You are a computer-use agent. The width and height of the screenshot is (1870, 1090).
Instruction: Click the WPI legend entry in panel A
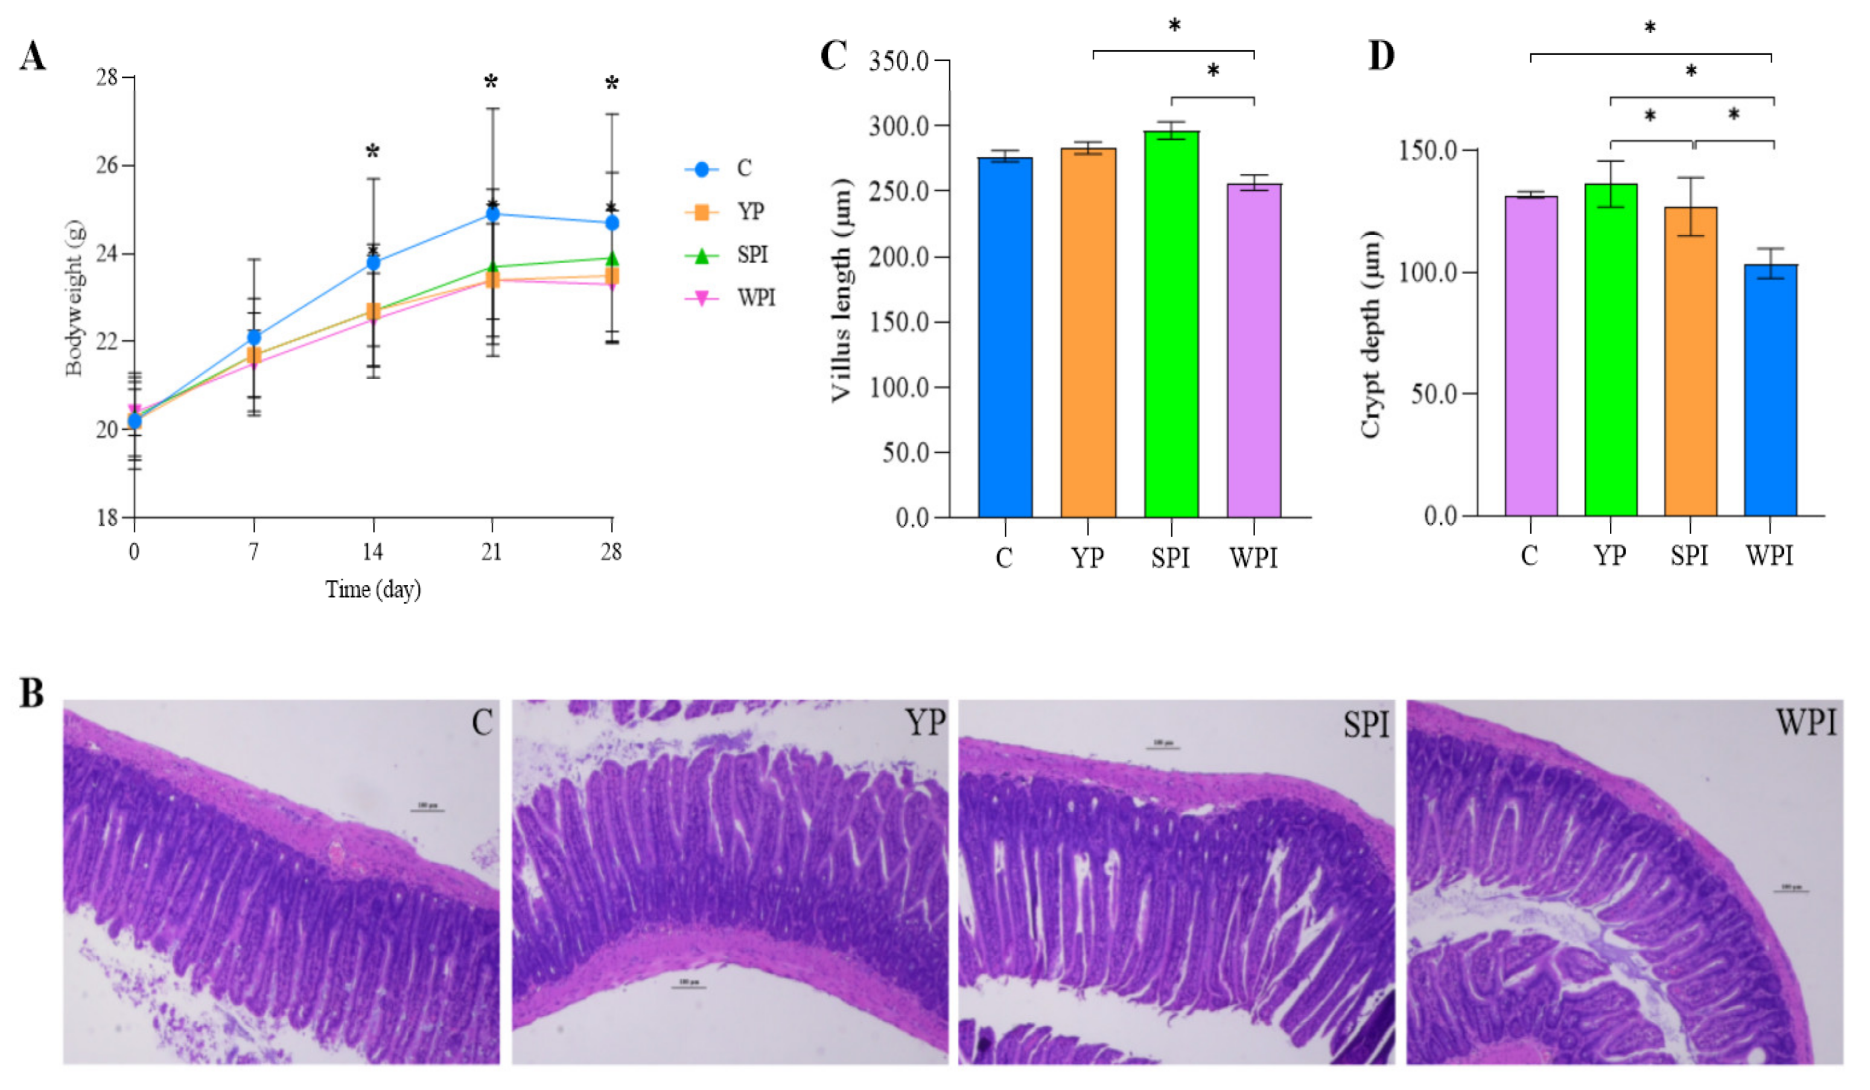[755, 298]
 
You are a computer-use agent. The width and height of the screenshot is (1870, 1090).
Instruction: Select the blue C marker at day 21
[492, 214]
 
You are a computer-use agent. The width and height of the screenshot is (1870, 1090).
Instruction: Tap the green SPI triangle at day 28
[611, 258]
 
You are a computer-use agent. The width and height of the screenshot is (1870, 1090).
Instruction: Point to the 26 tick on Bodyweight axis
[107, 165]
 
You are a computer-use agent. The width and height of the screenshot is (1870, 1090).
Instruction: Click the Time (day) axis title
[374, 589]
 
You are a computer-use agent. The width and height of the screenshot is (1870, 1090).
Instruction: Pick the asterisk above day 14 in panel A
[372, 153]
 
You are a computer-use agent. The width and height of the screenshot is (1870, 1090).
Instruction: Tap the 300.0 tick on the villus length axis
[898, 126]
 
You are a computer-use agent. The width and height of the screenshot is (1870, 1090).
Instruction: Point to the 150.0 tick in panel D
[1428, 151]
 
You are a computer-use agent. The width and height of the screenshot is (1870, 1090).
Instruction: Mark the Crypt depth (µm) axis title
[1370, 334]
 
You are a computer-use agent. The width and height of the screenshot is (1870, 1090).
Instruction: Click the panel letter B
[32, 693]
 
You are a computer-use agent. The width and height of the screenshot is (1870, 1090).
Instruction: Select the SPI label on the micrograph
[1366, 724]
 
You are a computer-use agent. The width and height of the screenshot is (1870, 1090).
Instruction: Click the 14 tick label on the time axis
[372, 552]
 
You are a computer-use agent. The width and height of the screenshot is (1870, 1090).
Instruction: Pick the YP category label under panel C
[1087, 556]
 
